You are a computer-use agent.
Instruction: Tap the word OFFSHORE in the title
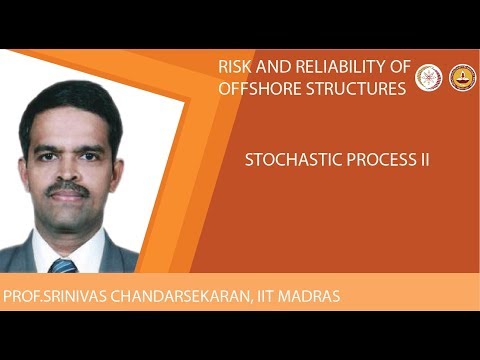(260, 88)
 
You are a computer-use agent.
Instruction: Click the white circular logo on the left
(429, 77)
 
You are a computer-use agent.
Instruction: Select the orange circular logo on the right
(461, 77)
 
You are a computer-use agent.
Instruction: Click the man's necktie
(63, 265)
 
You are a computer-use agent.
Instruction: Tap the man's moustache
(67, 187)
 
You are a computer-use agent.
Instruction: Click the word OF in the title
(400, 67)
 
